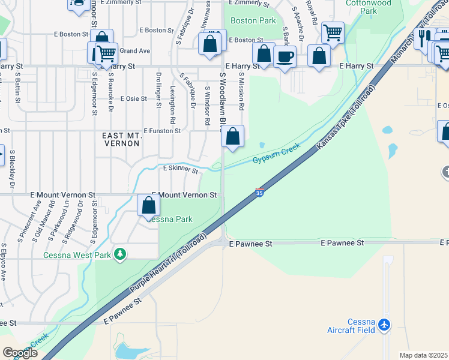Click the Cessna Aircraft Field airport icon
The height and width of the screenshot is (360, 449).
pyautogui.click(x=384, y=325)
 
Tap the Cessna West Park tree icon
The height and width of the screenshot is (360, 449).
pyautogui.click(x=121, y=254)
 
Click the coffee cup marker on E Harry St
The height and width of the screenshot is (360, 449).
pyautogui.click(x=285, y=56)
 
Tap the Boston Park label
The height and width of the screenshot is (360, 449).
pyautogui.click(x=253, y=20)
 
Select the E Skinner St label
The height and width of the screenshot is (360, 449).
pyautogui.click(x=181, y=170)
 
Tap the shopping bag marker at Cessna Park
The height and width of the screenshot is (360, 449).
pyautogui.click(x=148, y=206)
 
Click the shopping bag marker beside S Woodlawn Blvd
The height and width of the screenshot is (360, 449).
pyautogui.click(x=232, y=136)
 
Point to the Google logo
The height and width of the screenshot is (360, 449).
pyautogui.click(x=19, y=353)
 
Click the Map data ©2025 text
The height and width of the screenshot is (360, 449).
pyautogui.click(x=423, y=355)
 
